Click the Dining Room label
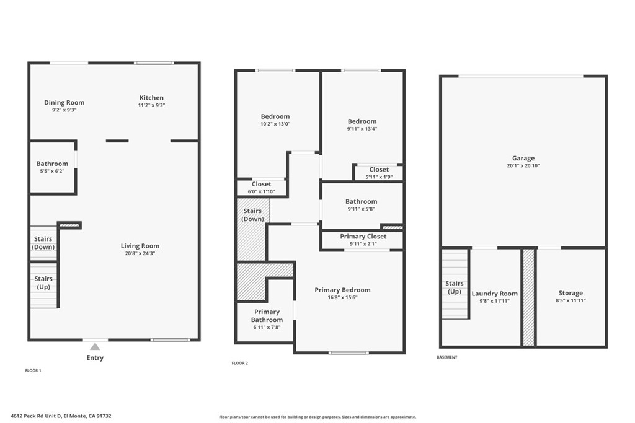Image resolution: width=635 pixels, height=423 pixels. pos(64,102)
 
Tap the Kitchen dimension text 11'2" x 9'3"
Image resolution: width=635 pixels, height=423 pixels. pos(151,105)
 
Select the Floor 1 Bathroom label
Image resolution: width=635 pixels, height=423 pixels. pos(52,164)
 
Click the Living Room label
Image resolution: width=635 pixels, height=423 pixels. pos(140,246)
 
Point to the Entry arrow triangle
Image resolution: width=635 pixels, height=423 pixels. pos(94,347)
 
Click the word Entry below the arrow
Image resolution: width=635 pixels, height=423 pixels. pos(95,358)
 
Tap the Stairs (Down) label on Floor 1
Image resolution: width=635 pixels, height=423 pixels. pos(43,243)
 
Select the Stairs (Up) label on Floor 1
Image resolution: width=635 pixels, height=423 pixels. pos(43,282)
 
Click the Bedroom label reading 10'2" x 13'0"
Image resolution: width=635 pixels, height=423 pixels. pos(275,116)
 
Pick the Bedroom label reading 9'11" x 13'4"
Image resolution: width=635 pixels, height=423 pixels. pos(362,121)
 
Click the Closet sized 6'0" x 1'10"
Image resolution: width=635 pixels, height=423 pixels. pos(261,184)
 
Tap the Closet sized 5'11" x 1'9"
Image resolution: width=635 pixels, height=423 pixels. pos(379,169)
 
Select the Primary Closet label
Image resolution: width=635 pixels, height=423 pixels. pos(363,236)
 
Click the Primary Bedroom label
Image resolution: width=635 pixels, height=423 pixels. pos(342,290)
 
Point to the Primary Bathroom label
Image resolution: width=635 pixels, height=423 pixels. pos(267,316)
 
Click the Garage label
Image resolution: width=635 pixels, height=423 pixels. pos(523,158)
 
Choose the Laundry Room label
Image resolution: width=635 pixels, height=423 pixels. pos(494,294)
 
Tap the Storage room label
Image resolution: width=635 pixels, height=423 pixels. pos(571,293)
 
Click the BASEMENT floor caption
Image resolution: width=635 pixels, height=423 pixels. pos(447,357)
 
